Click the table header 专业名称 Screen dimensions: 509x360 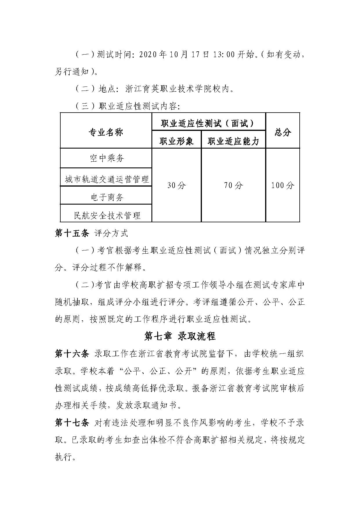coord(106,132)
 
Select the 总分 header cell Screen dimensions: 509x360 coord(283,132)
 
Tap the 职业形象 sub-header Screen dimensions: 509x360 coord(176,141)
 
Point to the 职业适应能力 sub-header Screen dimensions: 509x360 coord(233,141)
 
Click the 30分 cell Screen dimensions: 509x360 coord(176,185)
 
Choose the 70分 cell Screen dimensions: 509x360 coord(233,185)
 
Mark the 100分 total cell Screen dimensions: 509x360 coord(283,185)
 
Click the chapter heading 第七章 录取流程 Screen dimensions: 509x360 coord(180,336)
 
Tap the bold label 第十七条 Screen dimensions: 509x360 coord(72,423)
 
